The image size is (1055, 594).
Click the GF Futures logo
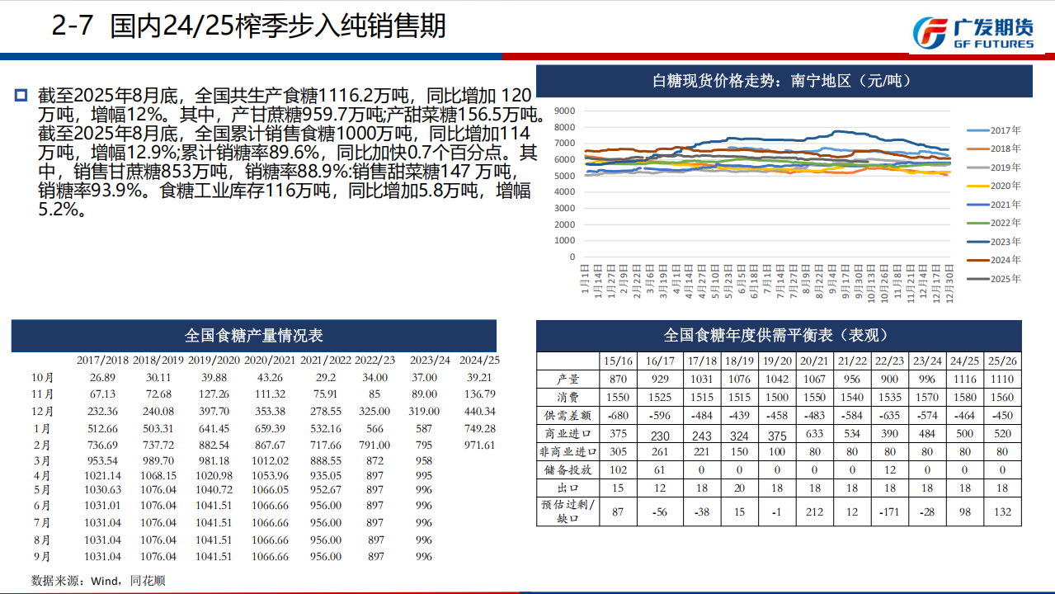(x=973, y=32)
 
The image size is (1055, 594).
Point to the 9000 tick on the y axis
(x=565, y=111)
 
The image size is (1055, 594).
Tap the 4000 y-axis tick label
(x=565, y=192)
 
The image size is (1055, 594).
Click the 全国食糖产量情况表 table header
(x=253, y=336)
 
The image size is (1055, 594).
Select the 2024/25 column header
(x=479, y=360)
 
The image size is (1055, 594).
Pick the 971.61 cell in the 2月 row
(x=479, y=445)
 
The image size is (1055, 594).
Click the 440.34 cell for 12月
(x=479, y=412)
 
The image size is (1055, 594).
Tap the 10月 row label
(x=42, y=377)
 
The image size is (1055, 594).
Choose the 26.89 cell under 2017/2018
(x=102, y=377)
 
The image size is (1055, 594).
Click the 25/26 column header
(x=1001, y=361)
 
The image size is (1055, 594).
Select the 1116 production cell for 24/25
(x=963, y=379)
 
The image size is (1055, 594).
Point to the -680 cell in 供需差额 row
(x=619, y=415)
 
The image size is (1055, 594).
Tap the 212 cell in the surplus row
(x=814, y=511)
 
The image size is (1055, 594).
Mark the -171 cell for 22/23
(x=889, y=511)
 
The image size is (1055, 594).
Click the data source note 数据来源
(x=98, y=581)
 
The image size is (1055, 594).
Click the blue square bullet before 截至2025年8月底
(x=21, y=95)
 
